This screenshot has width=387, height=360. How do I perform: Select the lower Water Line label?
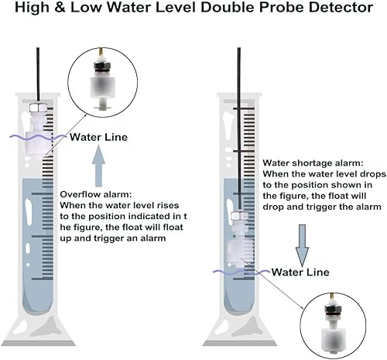pos(301,273)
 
